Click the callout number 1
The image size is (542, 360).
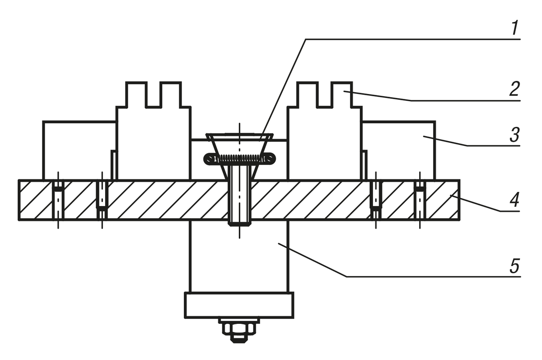[x=514, y=28]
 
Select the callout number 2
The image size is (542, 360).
[x=514, y=89]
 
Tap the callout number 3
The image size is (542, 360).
[x=514, y=135]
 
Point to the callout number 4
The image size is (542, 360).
[x=514, y=199]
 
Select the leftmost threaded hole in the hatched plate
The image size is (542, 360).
[x=58, y=200]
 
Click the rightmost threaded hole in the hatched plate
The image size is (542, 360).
[x=420, y=200]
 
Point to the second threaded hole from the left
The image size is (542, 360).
[x=103, y=196]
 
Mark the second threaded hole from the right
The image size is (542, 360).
[x=376, y=196]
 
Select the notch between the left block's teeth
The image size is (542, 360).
[x=153, y=96]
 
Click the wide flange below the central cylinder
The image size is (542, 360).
[x=239, y=305]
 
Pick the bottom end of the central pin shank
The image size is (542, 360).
[x=239, y=221]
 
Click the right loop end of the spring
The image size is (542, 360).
[x=270, y=159]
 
